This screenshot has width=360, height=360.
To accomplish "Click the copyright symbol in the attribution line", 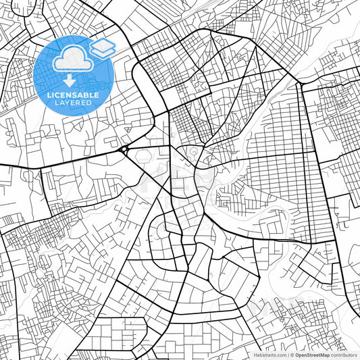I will [x=292, y=355].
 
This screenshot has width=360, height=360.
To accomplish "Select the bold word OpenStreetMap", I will [x=313, y=355].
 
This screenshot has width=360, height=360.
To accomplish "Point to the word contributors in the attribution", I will [x=344, y=355].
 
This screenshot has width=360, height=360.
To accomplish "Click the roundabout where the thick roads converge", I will [x=126, y=149].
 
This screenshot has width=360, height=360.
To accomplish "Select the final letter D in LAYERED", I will [x=90, y=103].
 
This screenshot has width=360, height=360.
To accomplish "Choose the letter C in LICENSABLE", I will [x=57, y=95].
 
